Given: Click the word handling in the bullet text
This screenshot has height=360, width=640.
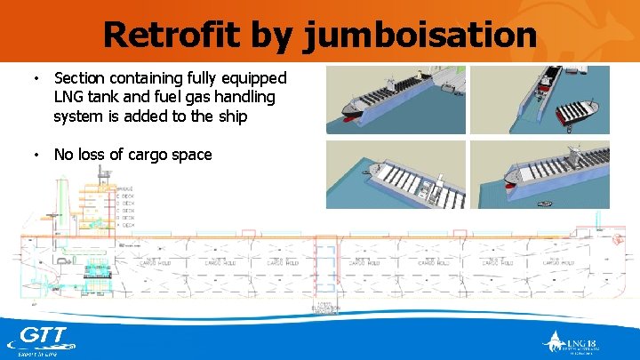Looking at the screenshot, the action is point(240,97).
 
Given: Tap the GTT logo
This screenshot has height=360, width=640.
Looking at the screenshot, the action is point(42,339).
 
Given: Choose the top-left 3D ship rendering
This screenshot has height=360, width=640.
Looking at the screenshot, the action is point(395,99).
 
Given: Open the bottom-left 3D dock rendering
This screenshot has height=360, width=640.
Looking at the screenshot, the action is point(395,175).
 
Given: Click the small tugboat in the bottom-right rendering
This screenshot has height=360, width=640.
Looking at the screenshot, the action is point(539,203).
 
